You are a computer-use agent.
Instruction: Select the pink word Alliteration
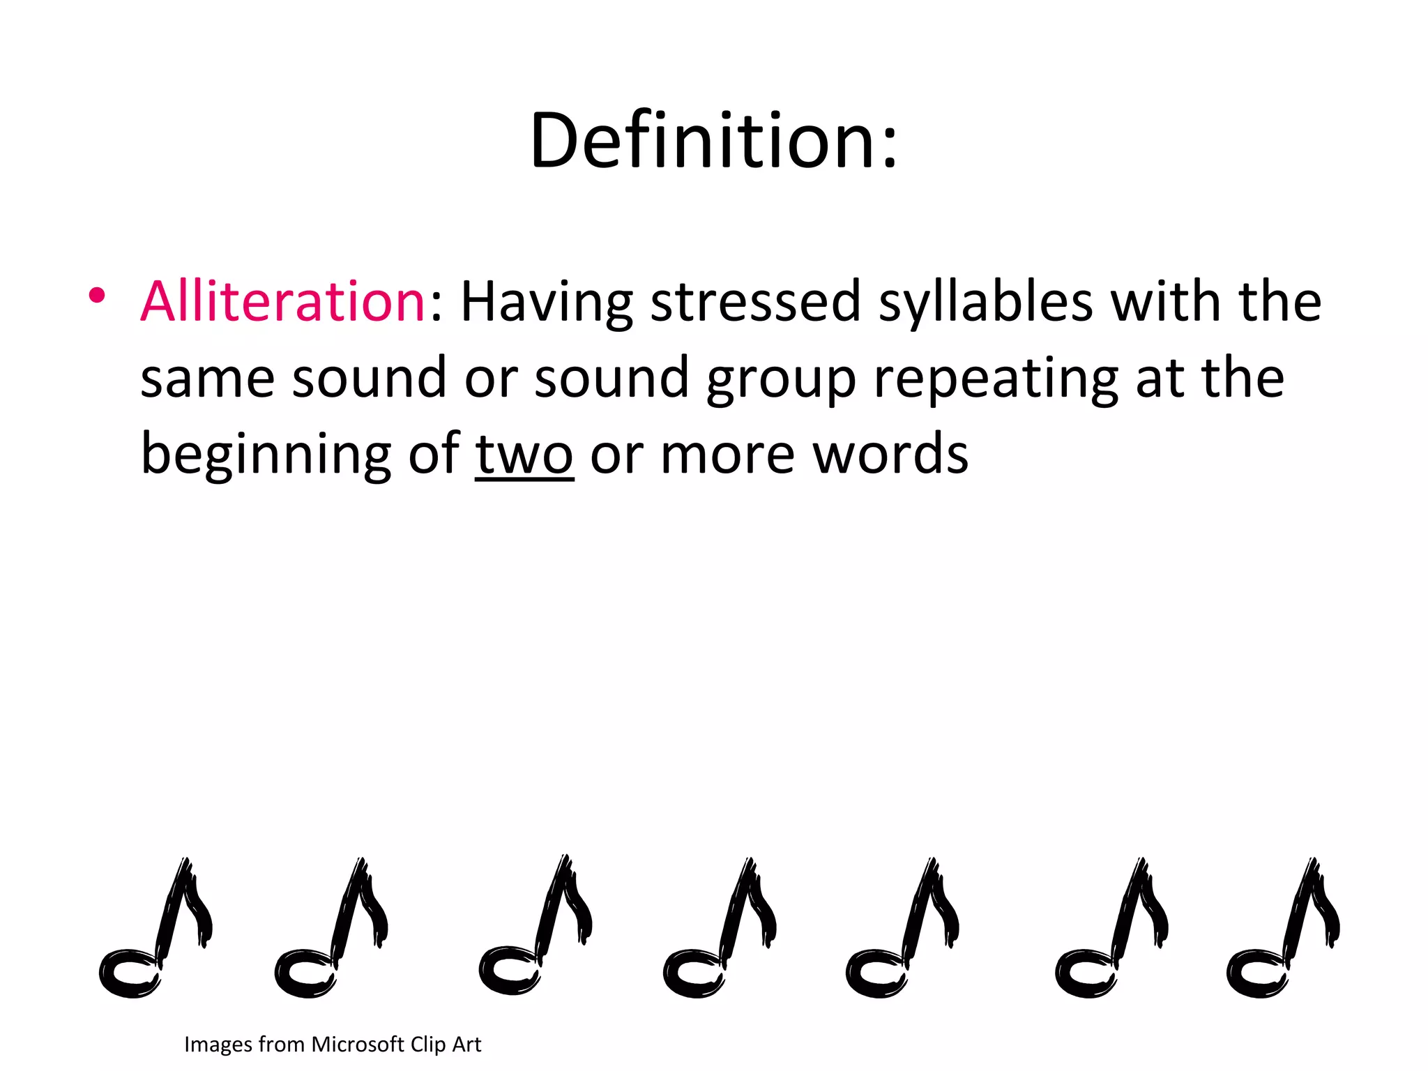pos(282,301)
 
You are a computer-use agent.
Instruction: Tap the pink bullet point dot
pos(97,296)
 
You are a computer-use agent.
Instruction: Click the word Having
pos(547,303)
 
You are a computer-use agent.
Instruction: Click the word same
pos(207,378)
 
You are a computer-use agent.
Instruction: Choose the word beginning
pos(266,455)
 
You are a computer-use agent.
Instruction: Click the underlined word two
pos(524,455)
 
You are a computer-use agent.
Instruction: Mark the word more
pos(727,455)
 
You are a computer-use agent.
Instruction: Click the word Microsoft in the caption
pos(358,1044)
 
